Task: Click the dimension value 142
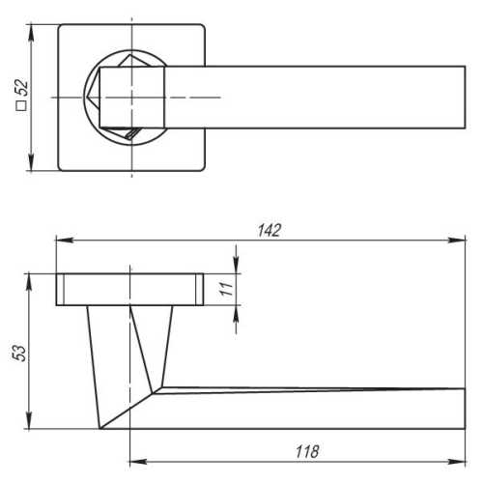point(270,230)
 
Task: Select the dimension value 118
point(307,451)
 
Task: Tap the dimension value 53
point(19,354)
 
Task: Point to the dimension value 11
point(226,289)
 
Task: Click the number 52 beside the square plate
point(22,87)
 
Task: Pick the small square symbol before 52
point(21,106)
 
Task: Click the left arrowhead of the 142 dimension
point(65,241)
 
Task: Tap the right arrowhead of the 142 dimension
point(457,241)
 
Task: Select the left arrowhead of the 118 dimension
point(138,462)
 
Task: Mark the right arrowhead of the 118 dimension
point(457,462)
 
